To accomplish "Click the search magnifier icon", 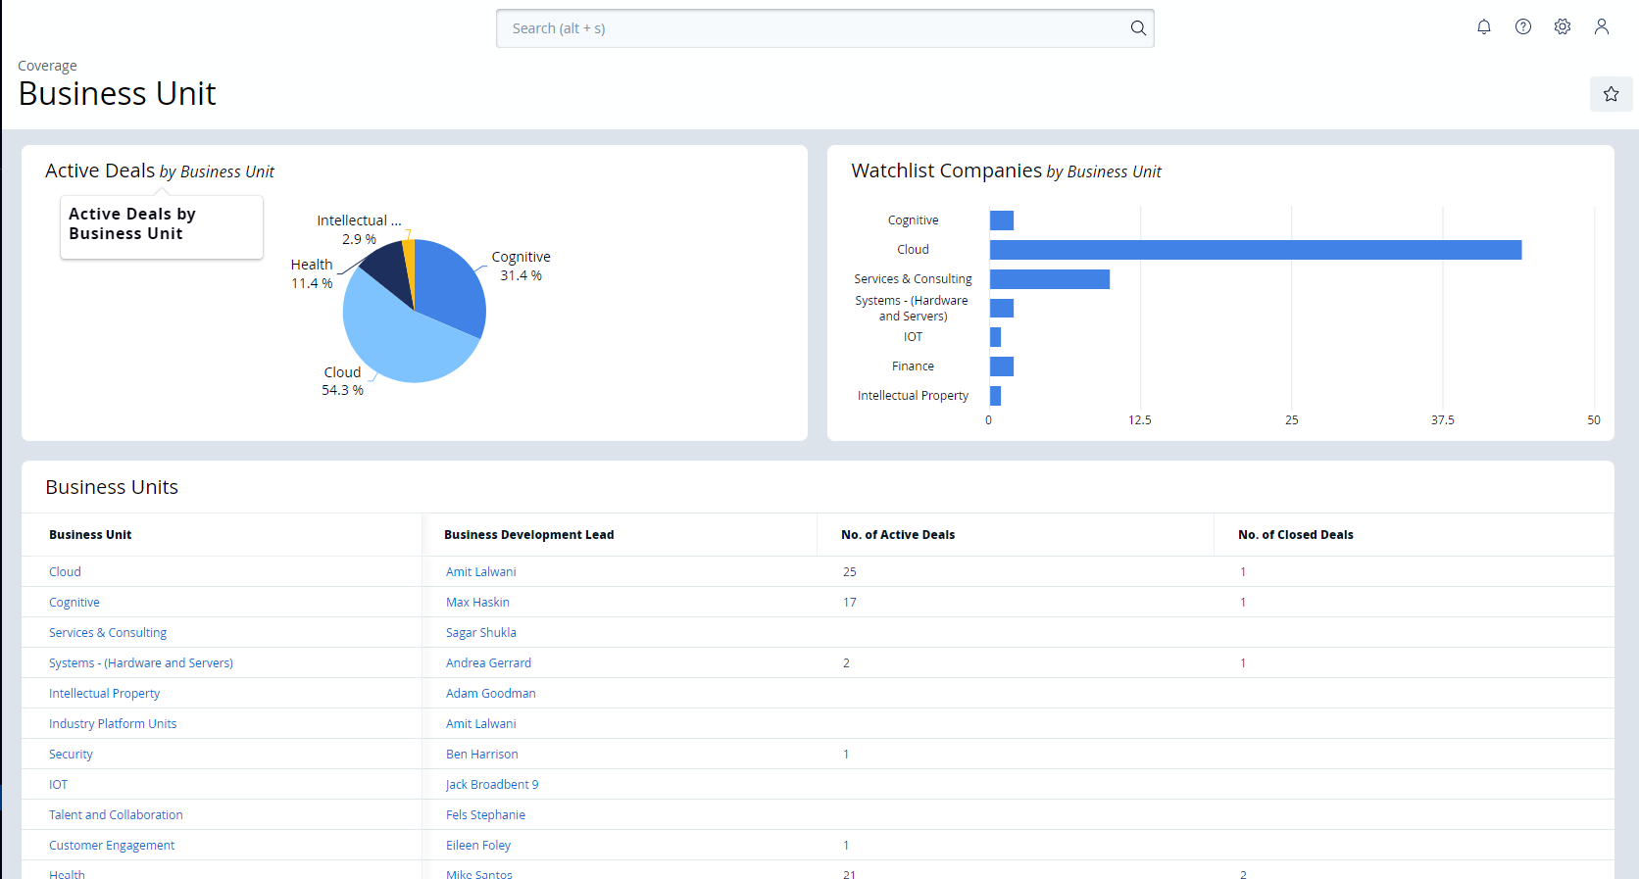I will click(x=1138, y=28).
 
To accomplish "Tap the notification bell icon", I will click(x=1484, y=27).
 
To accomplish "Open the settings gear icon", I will click(x=1563, y=27).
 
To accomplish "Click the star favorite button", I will click(x=1611, y=94).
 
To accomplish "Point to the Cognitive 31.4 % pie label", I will click(x=521, y=266).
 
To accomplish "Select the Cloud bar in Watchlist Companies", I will click(x=1255, y=250).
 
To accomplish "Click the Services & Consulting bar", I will click(x=1049, y=279).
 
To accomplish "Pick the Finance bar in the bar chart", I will click(x=1001, y=366).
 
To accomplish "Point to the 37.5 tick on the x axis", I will click(x=1442, y=420).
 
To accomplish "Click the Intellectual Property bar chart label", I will click(x=913, y=396).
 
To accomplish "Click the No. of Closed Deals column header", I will click(x=1295, y=535).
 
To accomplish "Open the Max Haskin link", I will click(x=477, y=603).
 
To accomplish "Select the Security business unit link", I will click(x=71, y=755).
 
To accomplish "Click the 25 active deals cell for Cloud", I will click(x=849, y=572).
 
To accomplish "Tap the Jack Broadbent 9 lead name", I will click(x=491, y=785).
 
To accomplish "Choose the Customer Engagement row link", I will click(x=112, y=846).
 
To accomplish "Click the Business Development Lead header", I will click(x=528, y=535).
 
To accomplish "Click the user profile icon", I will click(x=1602, y=27).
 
